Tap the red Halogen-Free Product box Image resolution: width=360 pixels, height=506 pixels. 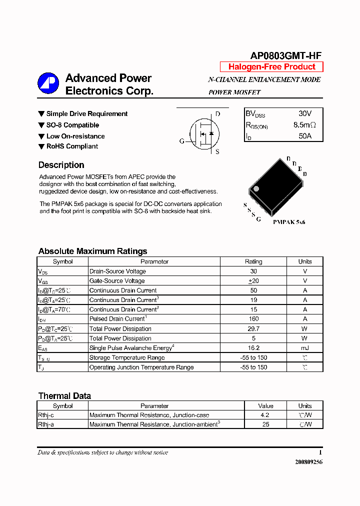(x=271, y=67)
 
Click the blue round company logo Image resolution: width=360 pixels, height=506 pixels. (x=48, y=83)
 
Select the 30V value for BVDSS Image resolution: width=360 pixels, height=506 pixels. (x=305, y=114)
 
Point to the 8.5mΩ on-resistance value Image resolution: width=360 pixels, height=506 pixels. (x=305, y=125)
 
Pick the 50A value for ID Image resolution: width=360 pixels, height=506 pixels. (x=305, y=136)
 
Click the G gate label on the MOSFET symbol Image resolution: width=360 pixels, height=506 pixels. (x=182, y=141)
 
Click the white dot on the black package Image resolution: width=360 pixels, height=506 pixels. (x=256, y=189)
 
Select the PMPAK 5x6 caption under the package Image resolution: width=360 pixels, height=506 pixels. (x=288, y=221)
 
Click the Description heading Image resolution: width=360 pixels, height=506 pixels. (x=61, y=165)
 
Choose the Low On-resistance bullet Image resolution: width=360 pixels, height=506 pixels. (x=75, y=136)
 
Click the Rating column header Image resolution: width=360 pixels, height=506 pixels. (x=253, y=261)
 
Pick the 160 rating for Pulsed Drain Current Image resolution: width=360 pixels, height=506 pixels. (x=253, y=319)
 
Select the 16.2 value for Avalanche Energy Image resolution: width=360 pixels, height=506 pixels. (x=253, y=348)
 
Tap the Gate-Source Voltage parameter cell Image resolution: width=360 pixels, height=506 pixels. (x=117, y=281)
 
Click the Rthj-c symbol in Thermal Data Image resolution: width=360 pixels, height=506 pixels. (x=46, y=415)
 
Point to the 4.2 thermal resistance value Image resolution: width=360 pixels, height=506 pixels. (x=265, y=415)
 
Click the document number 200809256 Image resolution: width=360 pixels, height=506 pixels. (x=308, y=462)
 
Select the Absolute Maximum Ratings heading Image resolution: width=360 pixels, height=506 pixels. (x=92, y=251)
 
